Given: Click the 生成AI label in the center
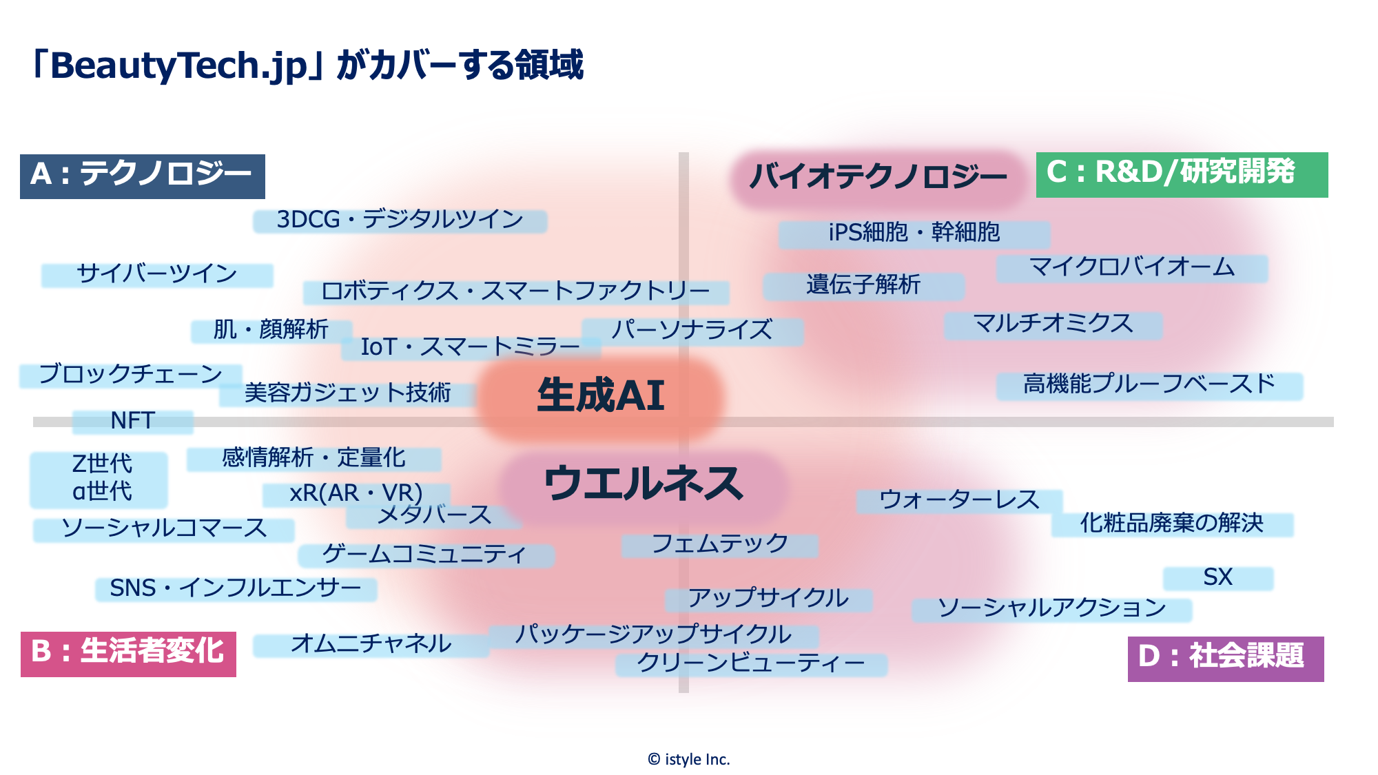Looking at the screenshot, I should coord(600,396).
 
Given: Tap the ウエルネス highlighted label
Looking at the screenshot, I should coord(644,484).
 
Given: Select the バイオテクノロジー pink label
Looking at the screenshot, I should coord(878,177).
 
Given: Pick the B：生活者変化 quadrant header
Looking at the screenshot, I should coord(128,653).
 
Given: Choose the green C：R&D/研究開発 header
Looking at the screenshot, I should coord(1181,174).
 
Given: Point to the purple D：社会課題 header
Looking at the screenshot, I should coord(1225,658).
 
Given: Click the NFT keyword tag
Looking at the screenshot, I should coord(133,421).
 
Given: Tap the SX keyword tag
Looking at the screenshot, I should coord(1217,578).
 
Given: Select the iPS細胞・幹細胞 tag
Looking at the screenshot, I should coord(914,234).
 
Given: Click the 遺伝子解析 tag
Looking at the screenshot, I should coord(863,285).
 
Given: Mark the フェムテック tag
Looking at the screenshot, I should coord(719,545).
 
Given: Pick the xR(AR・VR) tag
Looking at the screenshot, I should coord(356,494).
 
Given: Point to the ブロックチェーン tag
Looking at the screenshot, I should coord(131,375).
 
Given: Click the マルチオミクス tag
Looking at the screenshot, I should coord(1053,324).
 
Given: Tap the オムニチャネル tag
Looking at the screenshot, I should coord(371,645).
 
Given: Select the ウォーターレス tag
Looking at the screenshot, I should coord(959,501).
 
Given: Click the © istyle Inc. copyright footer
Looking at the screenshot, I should coord(688,759).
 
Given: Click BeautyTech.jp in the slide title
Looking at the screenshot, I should coord(179,66).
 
